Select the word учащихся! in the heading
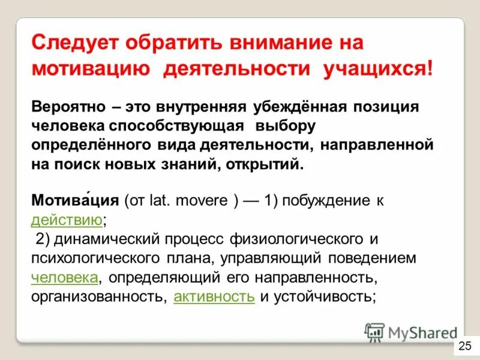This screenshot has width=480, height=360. click(x=377, y=68)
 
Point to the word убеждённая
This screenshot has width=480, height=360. click(x=295, y=106)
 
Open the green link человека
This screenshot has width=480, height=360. click(x=64, y=278)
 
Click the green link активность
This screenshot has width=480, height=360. click(x=214, y=297)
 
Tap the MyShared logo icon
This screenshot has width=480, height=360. click(x=374, y=332)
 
